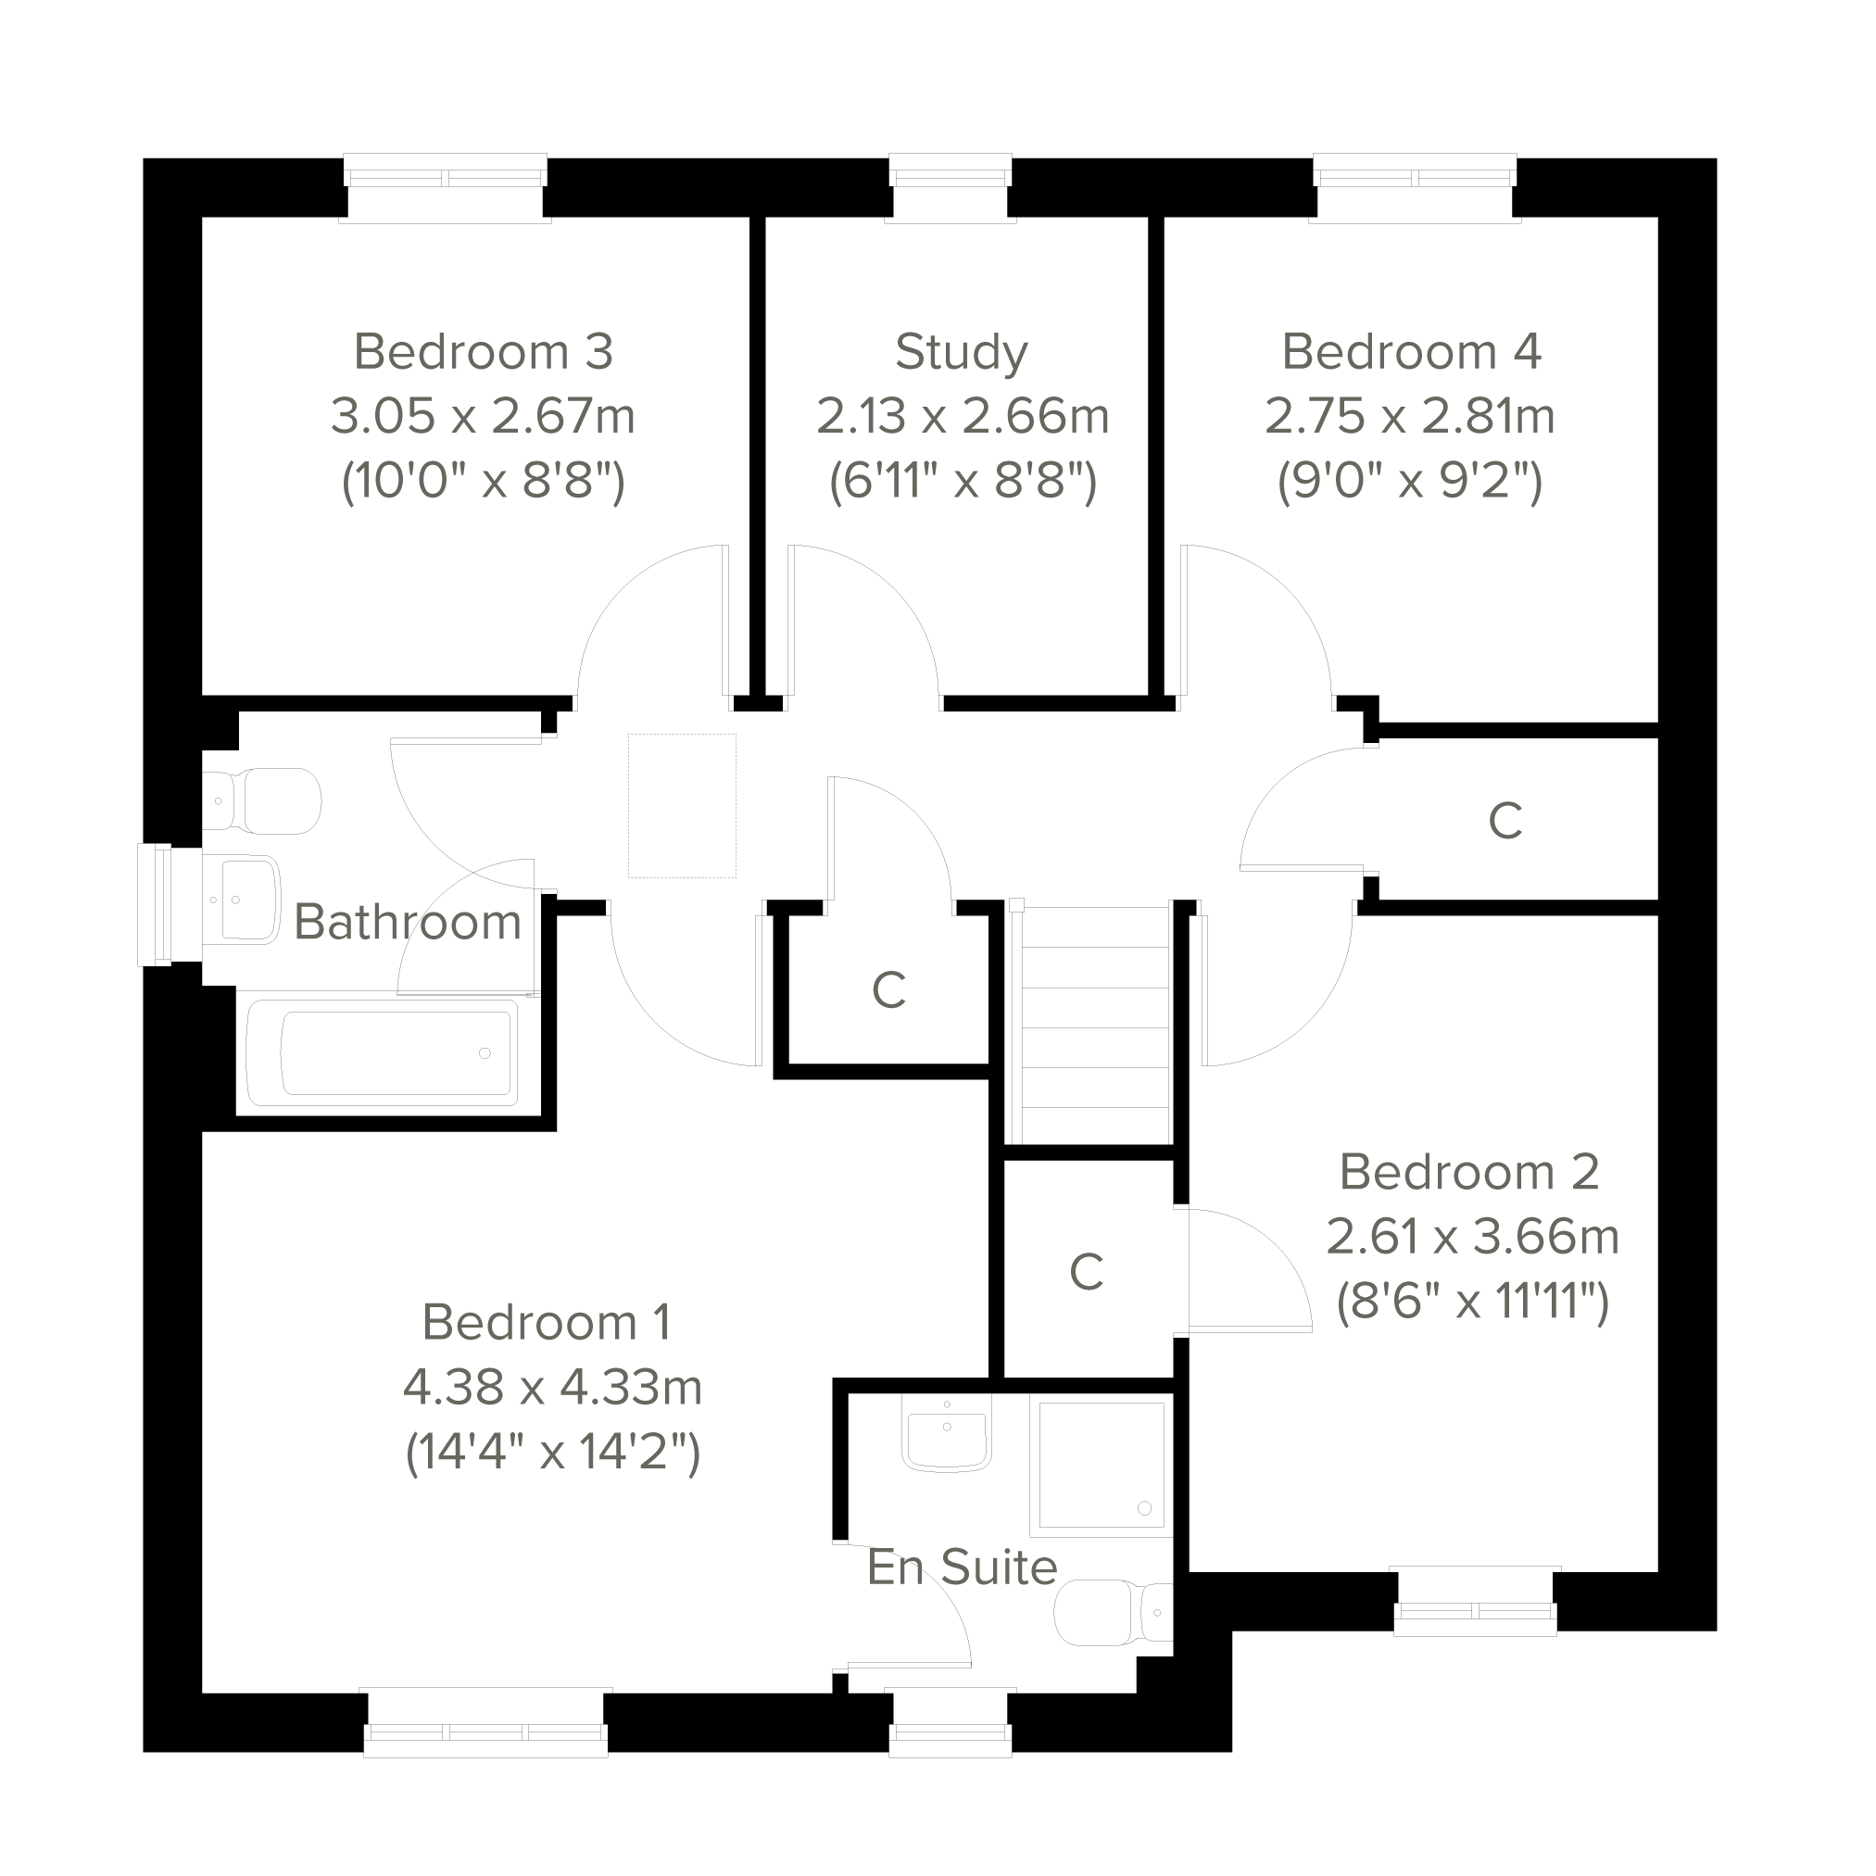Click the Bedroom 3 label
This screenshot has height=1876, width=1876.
click(x=484, y=351)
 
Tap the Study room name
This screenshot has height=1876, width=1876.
click(x=962, y=352)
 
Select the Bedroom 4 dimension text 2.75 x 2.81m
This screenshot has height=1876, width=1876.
click(x=1410, y=416)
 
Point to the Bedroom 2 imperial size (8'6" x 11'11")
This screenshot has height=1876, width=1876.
click(x=1472, y=1302)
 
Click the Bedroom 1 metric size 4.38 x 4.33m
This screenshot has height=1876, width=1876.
click(x=552, y=1387)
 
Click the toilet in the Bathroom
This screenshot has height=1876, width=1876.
click(x=262, y=801)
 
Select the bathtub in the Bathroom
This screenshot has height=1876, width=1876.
click(x=382, y=1053)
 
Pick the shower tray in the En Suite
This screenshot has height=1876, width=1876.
click(x=1102, y=1466)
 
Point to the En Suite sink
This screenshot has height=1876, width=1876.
click(x=947, y=1432)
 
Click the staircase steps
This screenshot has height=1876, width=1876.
click(x=1091, y=1024)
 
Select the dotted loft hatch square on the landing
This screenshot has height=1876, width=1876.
click(x=682, y=806)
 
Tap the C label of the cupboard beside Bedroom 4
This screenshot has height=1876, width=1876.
click(x=1505, y=822)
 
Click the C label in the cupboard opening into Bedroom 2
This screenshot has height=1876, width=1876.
click(x=1087, y=1272)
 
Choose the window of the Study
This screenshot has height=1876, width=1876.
click(x=951, y=187)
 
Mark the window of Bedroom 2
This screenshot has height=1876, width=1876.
click(x=1475, y=1601)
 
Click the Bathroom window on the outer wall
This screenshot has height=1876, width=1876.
click(x=157, y=905)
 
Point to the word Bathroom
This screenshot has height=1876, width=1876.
click(x=408, y=922)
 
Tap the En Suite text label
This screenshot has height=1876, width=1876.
click(x=963, y=1568)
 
